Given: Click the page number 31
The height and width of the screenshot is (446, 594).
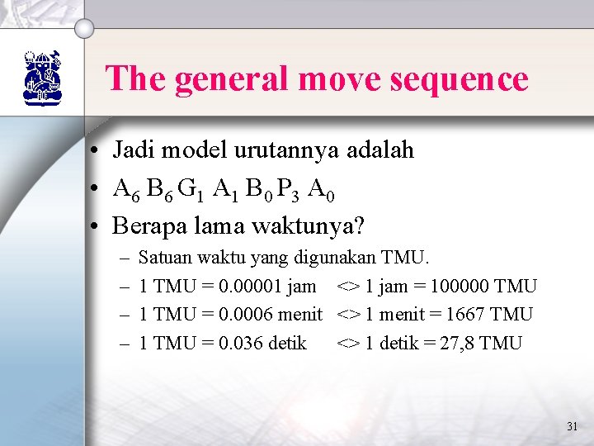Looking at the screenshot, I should pyautogui.click(x=573, y=427).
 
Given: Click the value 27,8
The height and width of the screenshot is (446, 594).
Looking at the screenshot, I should pyautogui.click(x=457, y=343).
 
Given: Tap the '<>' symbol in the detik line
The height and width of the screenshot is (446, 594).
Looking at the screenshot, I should pyautogui.click(x=348, y=343).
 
